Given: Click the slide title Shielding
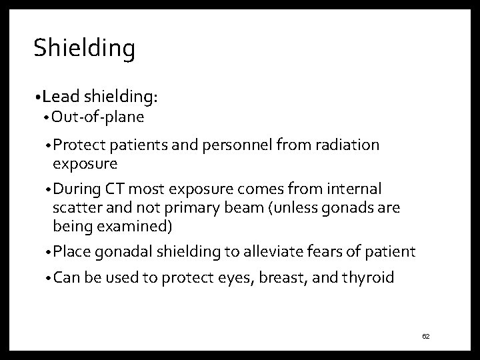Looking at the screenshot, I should point(84,48).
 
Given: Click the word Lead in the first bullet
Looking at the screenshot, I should point(59,97).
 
